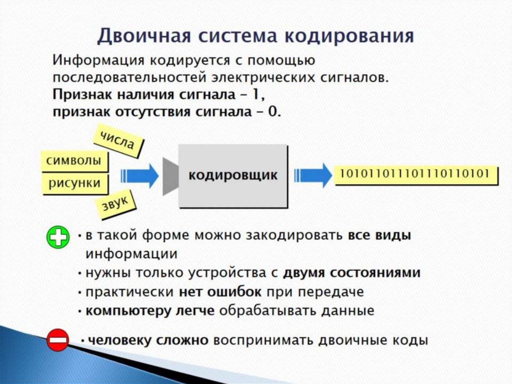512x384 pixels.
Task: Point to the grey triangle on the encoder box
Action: [x=170, y=176]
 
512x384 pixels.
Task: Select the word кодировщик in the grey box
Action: [x=232, y=175]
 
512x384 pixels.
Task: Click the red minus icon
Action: [x=57, y=340]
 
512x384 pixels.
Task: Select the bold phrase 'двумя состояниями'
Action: [x=351, y=273]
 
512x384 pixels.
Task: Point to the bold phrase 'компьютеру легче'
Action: [x=150, y=310]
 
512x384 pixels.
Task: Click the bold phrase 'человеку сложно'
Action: [x=147, y=340]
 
